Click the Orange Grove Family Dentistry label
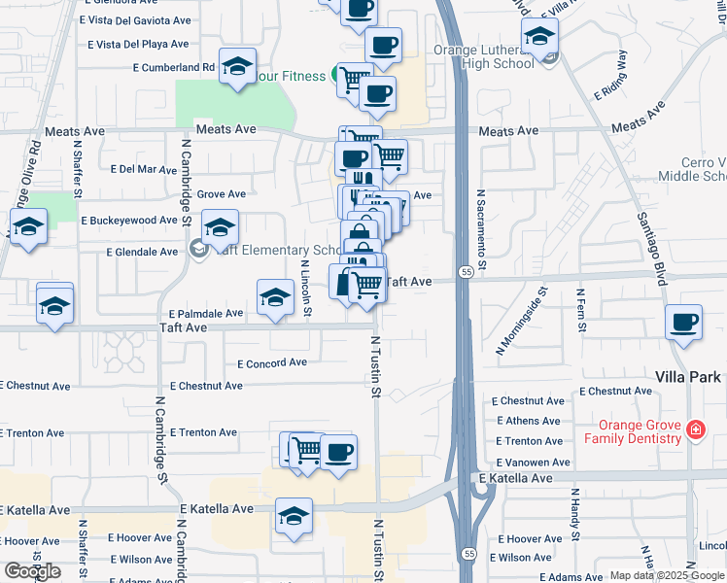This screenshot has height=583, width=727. pos(633,431)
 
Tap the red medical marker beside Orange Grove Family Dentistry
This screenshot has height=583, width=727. pos(695,429)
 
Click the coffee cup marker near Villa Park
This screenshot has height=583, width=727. pos(684,323)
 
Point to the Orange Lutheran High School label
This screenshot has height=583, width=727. pos(497,56)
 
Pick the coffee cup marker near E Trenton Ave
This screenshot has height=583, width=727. pos(339,453)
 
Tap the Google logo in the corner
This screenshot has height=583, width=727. pos(32,571)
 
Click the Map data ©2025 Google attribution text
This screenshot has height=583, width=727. pos(667,575)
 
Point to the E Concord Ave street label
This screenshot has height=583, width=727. pos(272,363)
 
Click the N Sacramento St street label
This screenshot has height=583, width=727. pos(480,230)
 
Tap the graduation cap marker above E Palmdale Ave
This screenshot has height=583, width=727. pos(275,297)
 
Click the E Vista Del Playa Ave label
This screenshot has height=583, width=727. pos(138,45)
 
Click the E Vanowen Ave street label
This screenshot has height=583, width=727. pos(534,463)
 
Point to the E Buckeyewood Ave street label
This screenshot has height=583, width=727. pos(129,222)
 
